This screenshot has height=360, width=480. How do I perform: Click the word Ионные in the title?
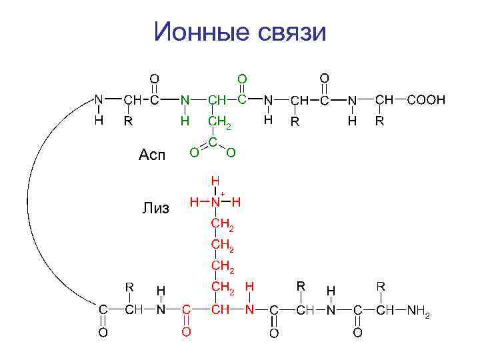pos(195,31)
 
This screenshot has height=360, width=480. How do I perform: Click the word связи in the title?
pos(289,31)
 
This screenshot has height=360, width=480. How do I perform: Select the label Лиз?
pos(156,209)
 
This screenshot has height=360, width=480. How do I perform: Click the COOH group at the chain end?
pos(426,100)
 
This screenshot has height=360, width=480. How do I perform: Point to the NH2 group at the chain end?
pos(419,311)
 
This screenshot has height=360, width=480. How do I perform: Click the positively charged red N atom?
pos(215,201)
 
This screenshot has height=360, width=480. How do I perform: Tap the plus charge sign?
pos(223,193)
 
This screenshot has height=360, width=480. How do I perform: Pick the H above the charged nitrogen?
pos(215,180)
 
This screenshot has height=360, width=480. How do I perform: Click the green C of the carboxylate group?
pos(212,142)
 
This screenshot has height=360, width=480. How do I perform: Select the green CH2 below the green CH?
pos(219,123)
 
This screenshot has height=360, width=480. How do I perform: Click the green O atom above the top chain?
pos(242,79)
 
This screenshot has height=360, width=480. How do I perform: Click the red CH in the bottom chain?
pos(220,311)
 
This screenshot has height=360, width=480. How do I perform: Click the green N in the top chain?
pos(185,100)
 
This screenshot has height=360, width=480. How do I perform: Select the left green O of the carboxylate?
pos(193,153)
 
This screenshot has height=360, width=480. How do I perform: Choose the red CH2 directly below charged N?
pos(221,225)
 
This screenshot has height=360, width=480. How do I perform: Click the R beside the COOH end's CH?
pos(379,122)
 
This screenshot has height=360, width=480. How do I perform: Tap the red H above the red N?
pos(249,287)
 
